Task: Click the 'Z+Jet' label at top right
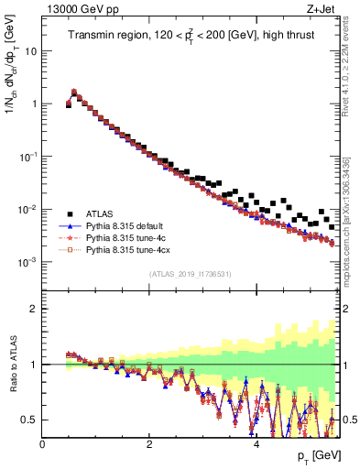(x=322, y=8)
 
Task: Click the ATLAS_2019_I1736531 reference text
(x=191, y=275)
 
